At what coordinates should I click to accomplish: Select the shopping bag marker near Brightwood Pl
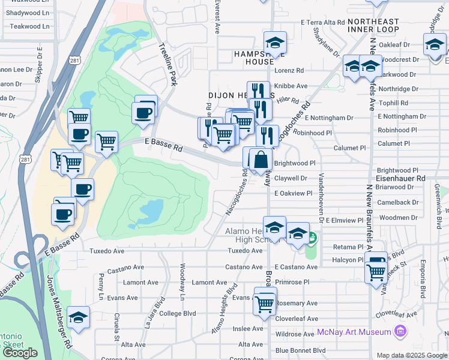261,160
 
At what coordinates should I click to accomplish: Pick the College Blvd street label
178,313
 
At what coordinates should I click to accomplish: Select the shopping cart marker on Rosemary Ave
264,303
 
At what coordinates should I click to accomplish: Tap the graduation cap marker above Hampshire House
276,43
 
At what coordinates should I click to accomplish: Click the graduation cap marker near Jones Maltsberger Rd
78,317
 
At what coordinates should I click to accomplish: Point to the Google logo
20,353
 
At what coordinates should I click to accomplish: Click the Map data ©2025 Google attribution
412,355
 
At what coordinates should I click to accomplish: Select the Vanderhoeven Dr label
322,198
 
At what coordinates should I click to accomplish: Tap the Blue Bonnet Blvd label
300,350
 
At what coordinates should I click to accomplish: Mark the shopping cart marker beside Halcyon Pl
376,271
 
